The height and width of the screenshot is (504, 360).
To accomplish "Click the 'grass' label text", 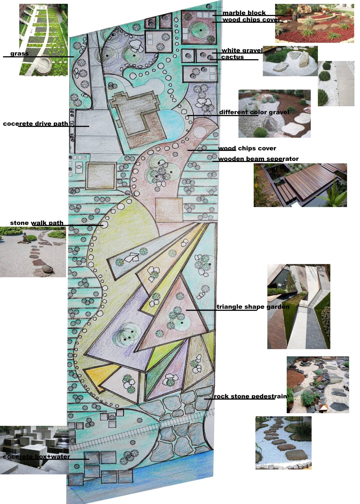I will point(20,54).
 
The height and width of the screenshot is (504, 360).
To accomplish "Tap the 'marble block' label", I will point(244,13).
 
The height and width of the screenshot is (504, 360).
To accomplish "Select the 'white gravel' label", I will point(242,50).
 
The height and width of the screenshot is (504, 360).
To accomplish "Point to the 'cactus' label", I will point(232,57).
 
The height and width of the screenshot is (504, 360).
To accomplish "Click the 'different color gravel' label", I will point(254,112).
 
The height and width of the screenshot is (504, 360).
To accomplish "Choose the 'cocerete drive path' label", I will point(35,124).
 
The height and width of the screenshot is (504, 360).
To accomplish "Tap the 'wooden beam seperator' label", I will point(258,159).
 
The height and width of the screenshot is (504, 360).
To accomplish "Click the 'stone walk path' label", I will point(37,223).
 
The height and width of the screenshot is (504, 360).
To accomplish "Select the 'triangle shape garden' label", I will point(253,307).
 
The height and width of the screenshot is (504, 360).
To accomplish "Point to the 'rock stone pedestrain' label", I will point(250,396).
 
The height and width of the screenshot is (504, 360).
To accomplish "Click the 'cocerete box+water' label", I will point(37,457).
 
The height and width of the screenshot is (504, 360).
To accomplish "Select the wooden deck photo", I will point(300,185).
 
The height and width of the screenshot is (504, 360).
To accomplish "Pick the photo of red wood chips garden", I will point(314,23).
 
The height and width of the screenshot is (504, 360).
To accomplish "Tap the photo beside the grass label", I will point(44,40).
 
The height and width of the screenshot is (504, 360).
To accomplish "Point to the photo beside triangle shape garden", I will point(298,306).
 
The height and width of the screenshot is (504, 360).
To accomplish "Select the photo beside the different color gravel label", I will point(274,113).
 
